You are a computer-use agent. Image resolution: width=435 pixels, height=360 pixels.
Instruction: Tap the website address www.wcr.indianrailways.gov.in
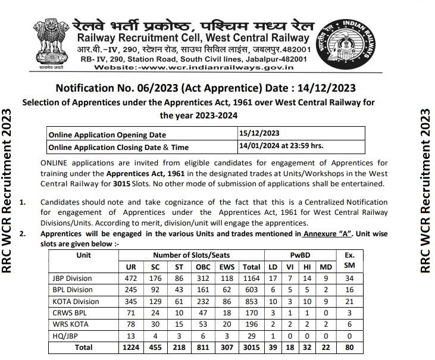(198, 68)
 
